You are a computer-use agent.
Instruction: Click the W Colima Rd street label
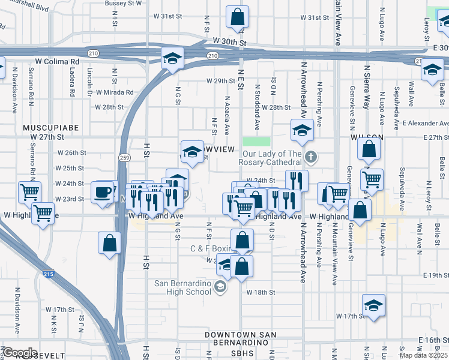(58, 61)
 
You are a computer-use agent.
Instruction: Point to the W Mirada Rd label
(113, 92)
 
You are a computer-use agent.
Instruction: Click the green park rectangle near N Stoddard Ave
(256, 142)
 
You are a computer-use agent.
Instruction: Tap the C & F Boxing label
(210, 248)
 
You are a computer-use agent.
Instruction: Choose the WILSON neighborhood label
(363, 137)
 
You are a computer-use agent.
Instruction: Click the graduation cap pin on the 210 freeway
(172, 59)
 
